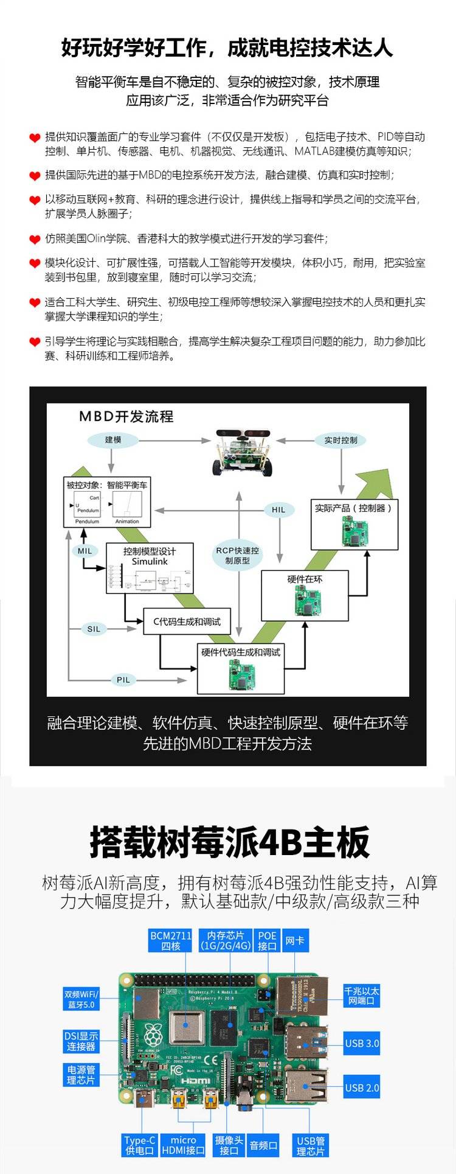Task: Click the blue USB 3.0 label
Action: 362,1044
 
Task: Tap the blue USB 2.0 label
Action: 362,1088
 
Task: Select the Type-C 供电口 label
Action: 140,1145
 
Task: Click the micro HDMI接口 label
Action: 183,1145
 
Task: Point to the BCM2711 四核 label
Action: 171,941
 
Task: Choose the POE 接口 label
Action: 267,941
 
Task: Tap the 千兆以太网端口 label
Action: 362,996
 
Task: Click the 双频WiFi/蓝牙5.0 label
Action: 81,999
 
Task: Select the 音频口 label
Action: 263,1145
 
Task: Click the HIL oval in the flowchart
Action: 278,509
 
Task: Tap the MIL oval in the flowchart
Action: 85,551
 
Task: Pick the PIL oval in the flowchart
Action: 123,680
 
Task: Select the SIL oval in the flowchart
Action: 94,629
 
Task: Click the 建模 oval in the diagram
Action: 113,439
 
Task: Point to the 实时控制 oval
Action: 340,439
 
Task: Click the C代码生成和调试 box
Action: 187,621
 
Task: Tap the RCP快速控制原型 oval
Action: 237,555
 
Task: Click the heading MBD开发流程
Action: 126,416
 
